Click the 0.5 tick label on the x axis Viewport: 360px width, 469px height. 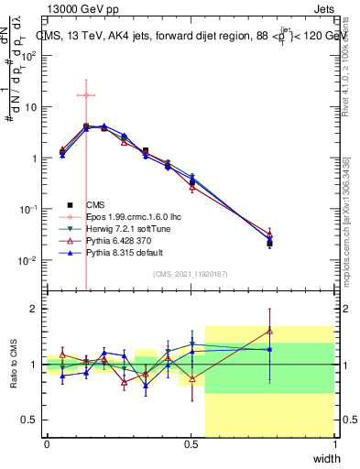click(x=191, y=444)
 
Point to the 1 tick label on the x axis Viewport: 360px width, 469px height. click(x=334, y=444)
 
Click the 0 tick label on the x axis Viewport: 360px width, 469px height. click(x=47, y=444)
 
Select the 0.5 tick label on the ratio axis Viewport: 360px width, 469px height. click(x=32, y=420)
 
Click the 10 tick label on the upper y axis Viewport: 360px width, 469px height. click(x=32, y=106)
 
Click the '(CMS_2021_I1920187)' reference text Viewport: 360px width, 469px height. click(x=191, y=274)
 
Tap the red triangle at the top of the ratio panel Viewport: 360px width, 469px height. click(x=269, y=331)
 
